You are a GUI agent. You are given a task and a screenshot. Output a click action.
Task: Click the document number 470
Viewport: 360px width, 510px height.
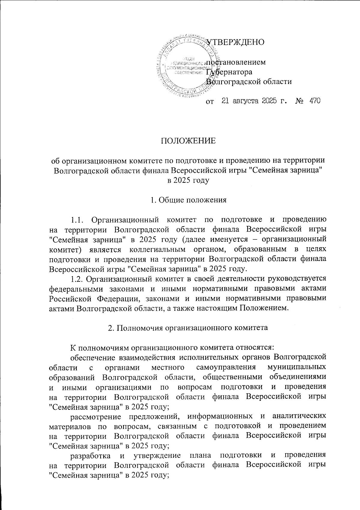click(314, 101)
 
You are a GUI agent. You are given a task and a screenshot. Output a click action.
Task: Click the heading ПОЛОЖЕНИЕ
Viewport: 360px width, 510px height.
click(189, 141)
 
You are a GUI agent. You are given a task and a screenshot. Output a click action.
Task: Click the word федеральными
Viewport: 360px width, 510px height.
click(74, 288)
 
